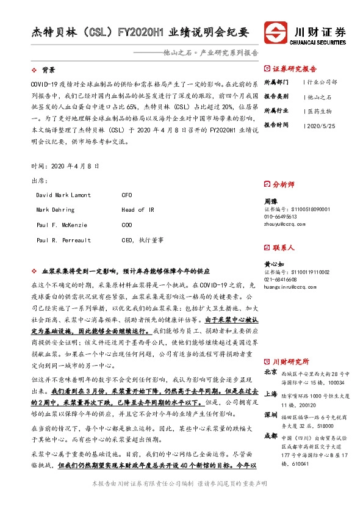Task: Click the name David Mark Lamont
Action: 63,195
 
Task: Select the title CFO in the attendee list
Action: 128,195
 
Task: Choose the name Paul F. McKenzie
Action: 61,225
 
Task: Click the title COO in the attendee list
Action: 128,225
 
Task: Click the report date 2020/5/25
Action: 320,125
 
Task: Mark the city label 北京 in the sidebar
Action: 271,372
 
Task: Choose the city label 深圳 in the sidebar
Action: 271,415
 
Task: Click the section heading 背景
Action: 49,70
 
